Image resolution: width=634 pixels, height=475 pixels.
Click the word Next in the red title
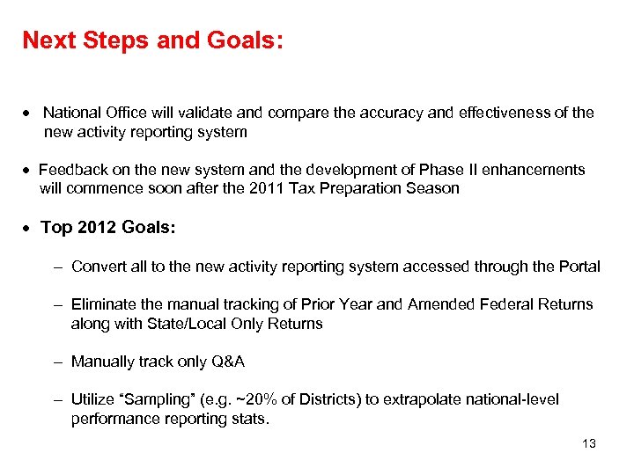[x=49, y=40]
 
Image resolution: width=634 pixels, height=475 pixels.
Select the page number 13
[x=589, y=443]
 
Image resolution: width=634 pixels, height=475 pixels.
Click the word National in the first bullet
[x=71, y=113]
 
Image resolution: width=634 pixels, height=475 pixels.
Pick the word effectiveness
[x=510, y=113]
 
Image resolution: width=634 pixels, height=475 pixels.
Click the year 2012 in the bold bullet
[x=95, y=228]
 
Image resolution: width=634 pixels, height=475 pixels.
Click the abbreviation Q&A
[x=228, y=362]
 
